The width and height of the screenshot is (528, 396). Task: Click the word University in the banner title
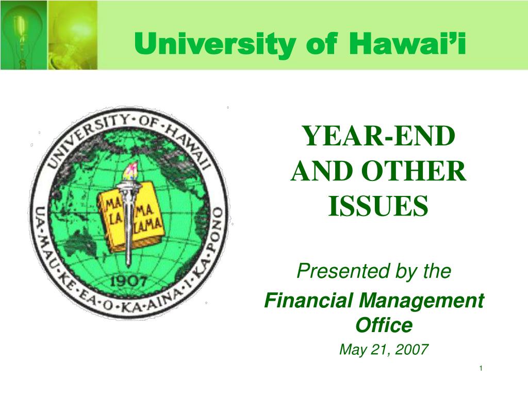coord(215,44)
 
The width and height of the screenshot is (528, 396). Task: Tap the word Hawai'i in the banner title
coord(407,43)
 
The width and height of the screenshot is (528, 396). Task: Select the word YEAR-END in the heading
coord(379,136)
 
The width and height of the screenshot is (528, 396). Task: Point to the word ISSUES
coord(378,206)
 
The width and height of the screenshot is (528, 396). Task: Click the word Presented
coord(344,271)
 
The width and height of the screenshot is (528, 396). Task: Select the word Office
coord(384,325)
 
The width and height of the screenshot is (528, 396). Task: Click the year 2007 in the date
coord(411,349)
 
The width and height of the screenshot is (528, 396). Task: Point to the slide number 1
coord(481,368)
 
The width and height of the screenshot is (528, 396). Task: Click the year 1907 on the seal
coord(128,281)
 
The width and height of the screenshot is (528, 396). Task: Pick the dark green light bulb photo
coord(24,35)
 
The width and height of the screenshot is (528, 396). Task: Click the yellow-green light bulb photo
coord(73,35)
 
